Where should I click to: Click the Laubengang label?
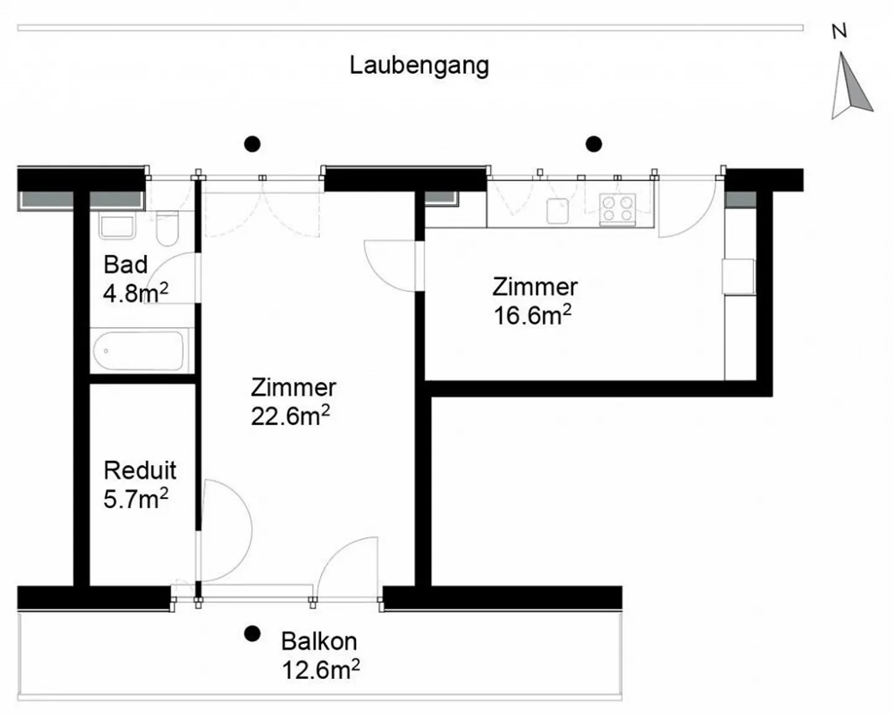pyautogui.click(x=419, y=66)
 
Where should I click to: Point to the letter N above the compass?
pyautogui.click(x=840, y=32)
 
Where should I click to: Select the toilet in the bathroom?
pyautogui.click(x=167, y=228)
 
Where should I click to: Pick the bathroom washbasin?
pyautogui.click(x=117, y=226)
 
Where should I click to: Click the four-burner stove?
pyautogui.click(x=618, y=210)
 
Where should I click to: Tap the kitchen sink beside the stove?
pyautogui.click(x=558, y=211)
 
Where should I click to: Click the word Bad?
pyautogui.click(x=125, y=265)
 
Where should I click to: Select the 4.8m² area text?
pyautogui.click(x=136, y=293)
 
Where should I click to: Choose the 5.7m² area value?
pyautogui.click(x=136, y=499)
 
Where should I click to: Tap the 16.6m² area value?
pyautogui.click(x=533, y=316)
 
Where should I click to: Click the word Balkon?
pyautogui.click(x=319, y=641)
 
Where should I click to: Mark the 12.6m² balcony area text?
pyautogui.click(x=321, y=670)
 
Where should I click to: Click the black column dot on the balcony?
pyautogui.click(x=252, y=634)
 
